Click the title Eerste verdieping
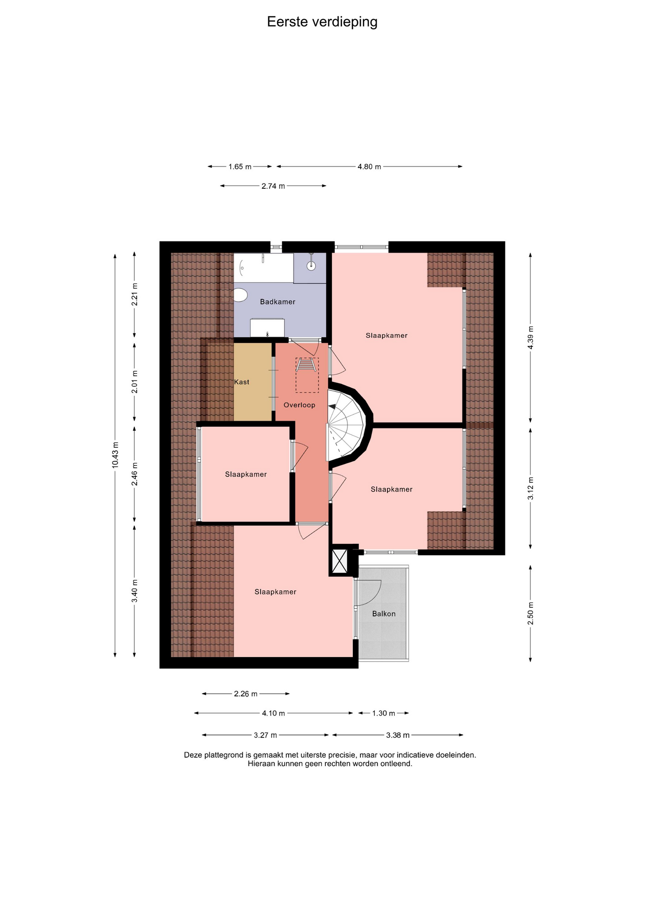[x=322, y=22]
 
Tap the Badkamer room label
[x=277, y=302]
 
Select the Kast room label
[x=241, y=382]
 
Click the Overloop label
[x=299, y=405]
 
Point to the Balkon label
[x=384, y=614]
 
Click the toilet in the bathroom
[x=240, y=295]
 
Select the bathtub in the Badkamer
[x=264, y=268]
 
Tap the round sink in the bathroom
[x=312, y=266]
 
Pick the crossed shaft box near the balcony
[x=340, y=561]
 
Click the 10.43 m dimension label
[x=115, y=455]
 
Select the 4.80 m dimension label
[x=369, y=167]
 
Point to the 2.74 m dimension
[x=273, y=186]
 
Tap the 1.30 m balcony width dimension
[x=383, y=713]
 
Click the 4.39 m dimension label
[x=531, y=337]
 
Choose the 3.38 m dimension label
[x=398, y=735]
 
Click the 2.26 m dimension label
[x=246, y=694]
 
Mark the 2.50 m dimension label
[x=531, y=614]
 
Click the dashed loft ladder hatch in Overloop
[x=307, y=375]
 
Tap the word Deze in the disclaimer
[x=193, y=755]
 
